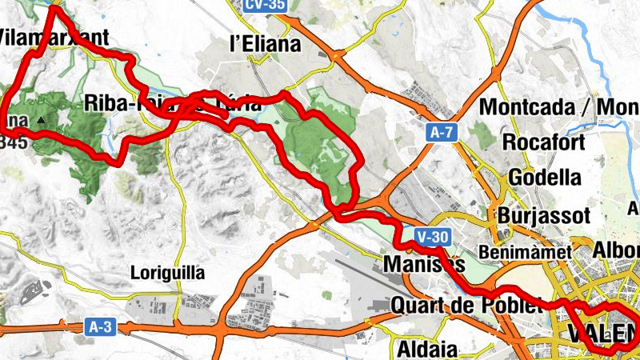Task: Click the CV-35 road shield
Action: tap(264, 6)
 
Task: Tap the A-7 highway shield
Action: tap(442, 134)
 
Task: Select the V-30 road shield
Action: tap(434, 237)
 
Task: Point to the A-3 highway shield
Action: tap(94, 326)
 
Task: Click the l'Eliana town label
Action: tap(265, 44)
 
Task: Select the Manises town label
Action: tap(424, 264)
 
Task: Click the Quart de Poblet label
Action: tap(466, 305)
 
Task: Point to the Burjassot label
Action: tap(543, 216)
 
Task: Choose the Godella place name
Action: tap(544, 177)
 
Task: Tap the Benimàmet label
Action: tap(526, 252)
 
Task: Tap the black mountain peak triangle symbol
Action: tap(41, 121)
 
